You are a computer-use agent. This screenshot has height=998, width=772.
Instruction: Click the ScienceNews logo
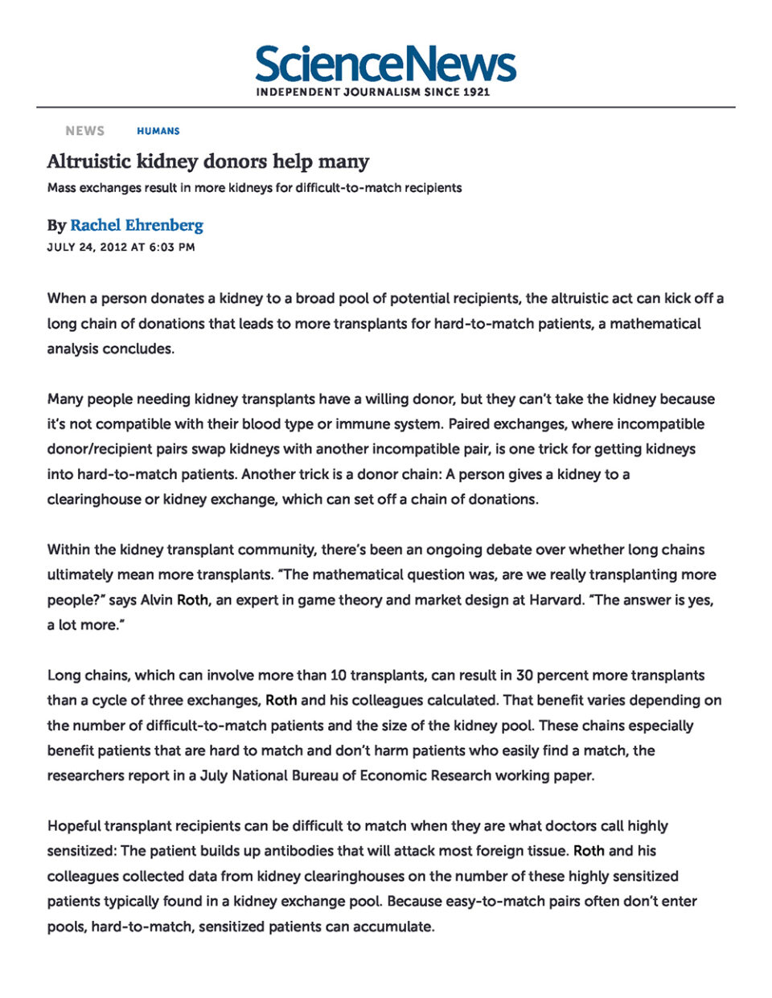[x=385, y=64]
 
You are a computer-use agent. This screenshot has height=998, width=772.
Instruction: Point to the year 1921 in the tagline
[x=476, y=92]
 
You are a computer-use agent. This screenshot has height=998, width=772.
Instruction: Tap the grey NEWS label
[x=85, y=131]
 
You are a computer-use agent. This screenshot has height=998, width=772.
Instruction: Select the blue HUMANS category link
[x=158, y=131]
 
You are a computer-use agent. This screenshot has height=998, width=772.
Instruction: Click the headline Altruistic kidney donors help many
[x=208, y=162]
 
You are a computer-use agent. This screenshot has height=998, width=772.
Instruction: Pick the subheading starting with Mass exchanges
[x=254, y=188]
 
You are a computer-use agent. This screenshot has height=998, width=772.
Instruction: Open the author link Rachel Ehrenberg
[x=137, y=225]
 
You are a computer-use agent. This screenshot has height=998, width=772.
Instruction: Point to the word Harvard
[x=556, y=600]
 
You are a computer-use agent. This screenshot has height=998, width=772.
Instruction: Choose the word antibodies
[x=327, y=851]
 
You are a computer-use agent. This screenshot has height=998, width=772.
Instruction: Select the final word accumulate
[x=395, y=926]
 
